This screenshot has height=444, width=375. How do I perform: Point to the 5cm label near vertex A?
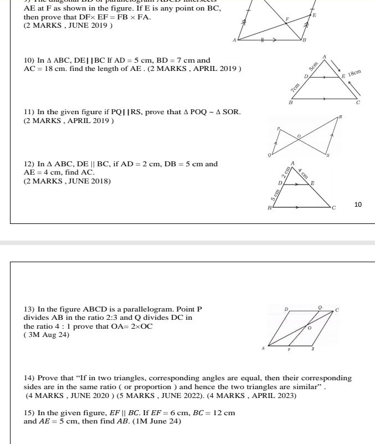[314, 66]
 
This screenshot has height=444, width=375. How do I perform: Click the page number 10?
[358, 205]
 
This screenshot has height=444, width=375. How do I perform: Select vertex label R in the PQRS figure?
[341, 117]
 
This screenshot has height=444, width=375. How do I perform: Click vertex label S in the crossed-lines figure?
[327, 155]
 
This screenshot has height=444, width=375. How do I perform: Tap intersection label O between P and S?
[299, 135]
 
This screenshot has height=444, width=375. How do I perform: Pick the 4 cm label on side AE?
[302, 172]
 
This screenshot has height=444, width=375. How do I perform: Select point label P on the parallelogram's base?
[289, 350]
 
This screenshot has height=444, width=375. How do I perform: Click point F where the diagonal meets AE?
[287, 19]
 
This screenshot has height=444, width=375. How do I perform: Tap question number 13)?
[29, 309]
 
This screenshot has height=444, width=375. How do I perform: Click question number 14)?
[29, 378]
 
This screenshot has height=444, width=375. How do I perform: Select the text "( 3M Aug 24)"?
[47, 335]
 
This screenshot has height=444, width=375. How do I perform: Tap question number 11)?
[29, 112]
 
